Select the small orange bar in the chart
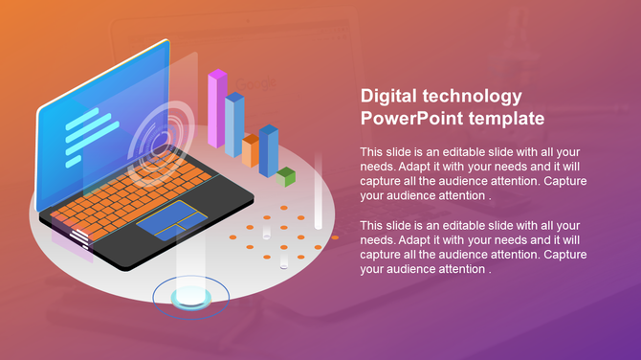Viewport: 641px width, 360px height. tap(251, 149)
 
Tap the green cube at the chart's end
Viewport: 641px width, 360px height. tap(286, 176)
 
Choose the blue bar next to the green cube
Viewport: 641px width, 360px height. tap(269, 150)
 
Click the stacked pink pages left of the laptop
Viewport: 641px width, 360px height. tap(72, 235)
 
